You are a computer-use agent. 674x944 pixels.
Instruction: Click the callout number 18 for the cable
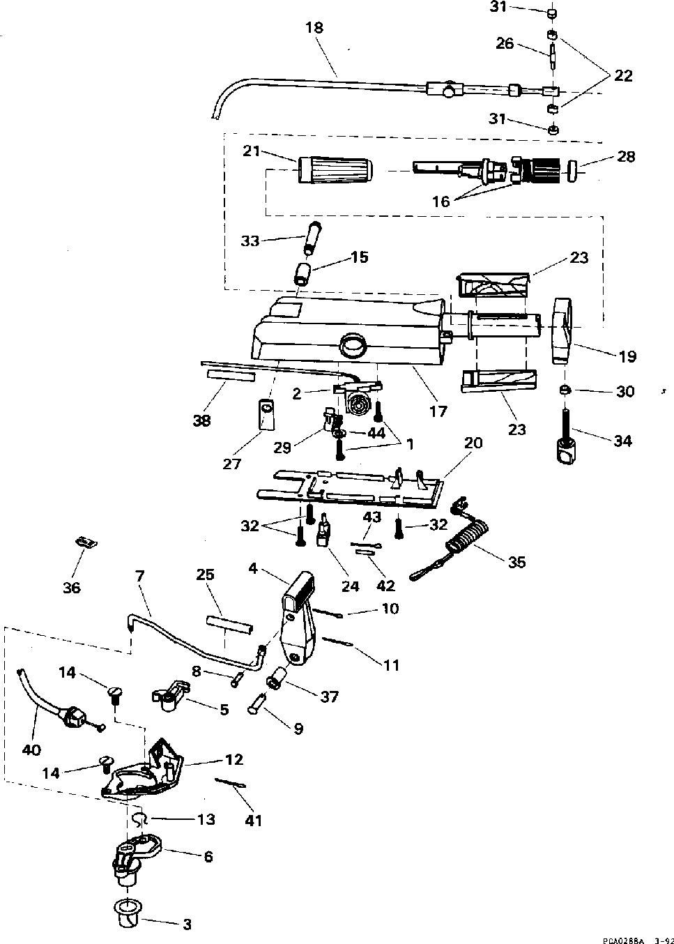[x=314, y=28]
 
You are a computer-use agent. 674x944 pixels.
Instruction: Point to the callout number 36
[x=72, y=587]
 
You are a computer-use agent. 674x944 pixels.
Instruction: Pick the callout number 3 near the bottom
[x=186, y=925]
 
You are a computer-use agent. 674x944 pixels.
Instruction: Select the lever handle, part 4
[x=298, y=614]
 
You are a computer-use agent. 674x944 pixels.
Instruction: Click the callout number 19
[x=627, y=356]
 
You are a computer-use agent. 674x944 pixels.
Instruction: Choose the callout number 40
[x=31, y=750]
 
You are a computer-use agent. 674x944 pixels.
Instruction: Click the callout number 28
[x=626, y=156]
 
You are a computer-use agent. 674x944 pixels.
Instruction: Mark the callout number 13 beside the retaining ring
[x=206, y=819]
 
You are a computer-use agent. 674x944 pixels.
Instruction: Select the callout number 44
[x=376, y=433]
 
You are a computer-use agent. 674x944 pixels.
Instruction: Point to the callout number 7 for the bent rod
[x=139, y=576]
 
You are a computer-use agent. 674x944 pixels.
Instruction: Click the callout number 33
[x=250, y=241]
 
